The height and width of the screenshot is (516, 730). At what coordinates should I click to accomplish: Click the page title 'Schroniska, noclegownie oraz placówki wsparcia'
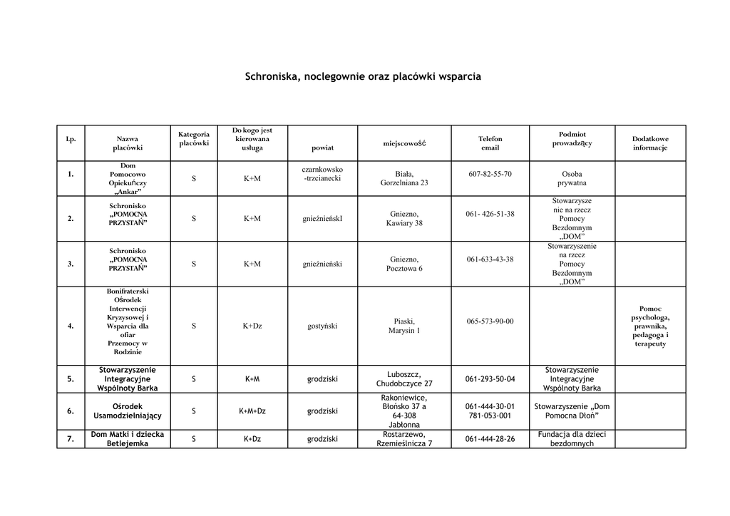363,76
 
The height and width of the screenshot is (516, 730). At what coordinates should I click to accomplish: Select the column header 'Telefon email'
490,143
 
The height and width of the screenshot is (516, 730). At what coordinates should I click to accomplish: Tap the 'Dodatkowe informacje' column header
650,143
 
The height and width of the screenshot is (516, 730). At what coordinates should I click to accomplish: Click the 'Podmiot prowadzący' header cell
572,139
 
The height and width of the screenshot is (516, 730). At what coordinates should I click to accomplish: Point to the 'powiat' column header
322,148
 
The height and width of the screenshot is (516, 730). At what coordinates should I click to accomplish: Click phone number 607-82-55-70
490,174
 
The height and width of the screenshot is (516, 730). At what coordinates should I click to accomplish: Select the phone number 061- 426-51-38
490,214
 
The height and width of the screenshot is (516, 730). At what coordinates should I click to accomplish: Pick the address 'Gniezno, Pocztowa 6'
404,264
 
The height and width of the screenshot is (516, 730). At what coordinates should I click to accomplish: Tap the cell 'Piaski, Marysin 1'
404,326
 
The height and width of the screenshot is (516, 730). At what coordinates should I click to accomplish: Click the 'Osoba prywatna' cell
572,178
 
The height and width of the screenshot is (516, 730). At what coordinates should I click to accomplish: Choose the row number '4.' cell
71,326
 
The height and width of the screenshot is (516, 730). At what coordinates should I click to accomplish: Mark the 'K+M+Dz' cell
252,411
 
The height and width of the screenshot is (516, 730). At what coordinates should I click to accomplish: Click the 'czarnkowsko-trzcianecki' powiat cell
322,174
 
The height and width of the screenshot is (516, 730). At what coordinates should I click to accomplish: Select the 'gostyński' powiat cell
322,326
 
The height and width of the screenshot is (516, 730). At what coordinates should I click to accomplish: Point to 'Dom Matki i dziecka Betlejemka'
128,439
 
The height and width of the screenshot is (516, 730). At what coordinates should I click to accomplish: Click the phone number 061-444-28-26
490,439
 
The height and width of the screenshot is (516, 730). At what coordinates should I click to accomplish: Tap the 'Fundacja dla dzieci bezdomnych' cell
572,439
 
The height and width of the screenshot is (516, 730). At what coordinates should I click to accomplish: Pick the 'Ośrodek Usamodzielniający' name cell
128,411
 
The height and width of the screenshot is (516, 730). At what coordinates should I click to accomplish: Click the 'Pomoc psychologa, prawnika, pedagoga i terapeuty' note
650,326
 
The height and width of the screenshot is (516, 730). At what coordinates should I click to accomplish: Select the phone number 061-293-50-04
490,379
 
